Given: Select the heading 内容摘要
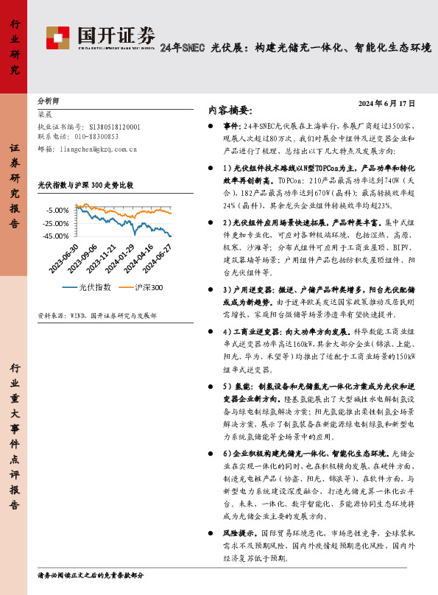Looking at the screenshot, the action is tap(230, 110).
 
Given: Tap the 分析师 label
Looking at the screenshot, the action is tap(49, 99).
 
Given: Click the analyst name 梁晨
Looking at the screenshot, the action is tap(46, 115).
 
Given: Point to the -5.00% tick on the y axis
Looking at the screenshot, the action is tap(58, 210).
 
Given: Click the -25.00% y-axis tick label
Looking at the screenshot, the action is tap(57, 222).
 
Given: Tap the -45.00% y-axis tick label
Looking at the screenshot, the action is tap(57, 236).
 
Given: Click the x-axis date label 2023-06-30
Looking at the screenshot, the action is tap(65, 259).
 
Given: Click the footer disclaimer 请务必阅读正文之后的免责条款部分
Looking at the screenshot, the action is tap(90, 574).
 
